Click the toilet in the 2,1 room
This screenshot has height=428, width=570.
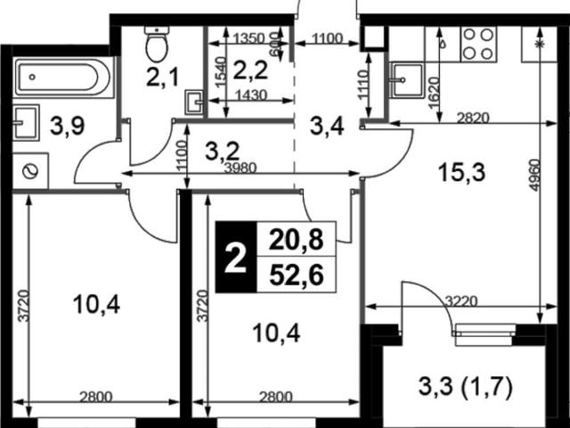157,44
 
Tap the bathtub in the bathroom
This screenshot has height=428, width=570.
62,78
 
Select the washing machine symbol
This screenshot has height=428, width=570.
30,171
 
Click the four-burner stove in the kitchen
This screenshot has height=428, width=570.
477,44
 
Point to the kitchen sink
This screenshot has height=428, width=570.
406,80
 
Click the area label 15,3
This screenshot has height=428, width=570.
461,172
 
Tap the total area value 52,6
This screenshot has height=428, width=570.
297,275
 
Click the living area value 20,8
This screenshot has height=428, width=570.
297,240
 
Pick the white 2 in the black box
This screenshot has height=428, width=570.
235,258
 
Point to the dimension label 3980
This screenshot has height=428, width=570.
240,168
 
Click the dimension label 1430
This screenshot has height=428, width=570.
251,95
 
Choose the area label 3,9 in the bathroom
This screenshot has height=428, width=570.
68,126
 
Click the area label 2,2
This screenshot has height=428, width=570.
250,70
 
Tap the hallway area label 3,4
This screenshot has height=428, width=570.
327,127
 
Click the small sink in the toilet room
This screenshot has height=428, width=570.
194,103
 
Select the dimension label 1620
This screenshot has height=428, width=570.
434,93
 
